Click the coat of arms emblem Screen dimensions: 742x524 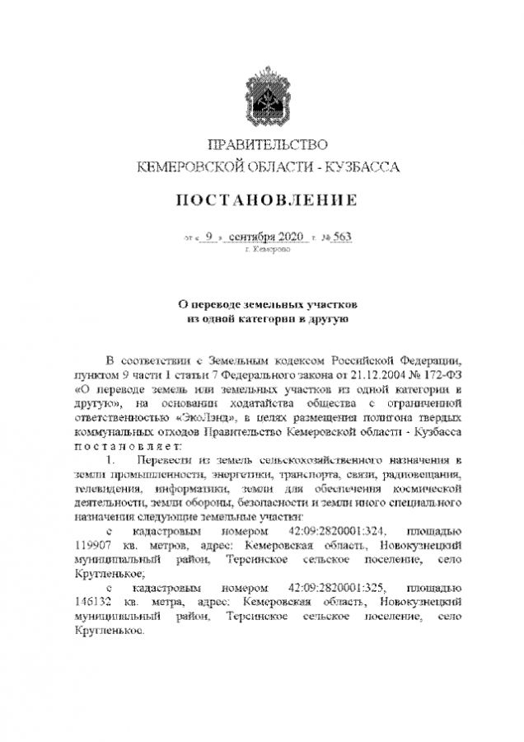tap(262, 97)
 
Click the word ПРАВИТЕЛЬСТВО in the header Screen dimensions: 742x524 tap(262, 146)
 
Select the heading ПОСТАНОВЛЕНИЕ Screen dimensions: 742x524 tap(262, 200)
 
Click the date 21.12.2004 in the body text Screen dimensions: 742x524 tap(343, 374)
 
